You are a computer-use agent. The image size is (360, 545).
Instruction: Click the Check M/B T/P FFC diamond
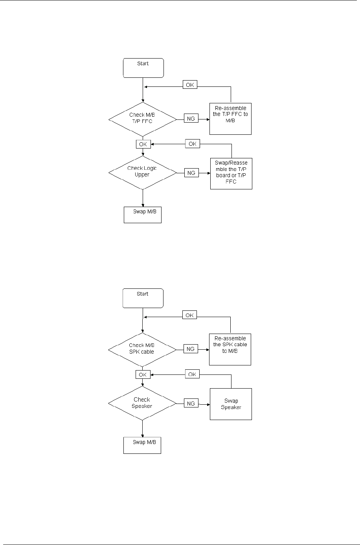point(142,118)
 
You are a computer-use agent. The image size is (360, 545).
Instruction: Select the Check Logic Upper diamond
point(142,172)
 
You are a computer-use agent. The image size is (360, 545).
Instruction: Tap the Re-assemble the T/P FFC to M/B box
point(231,119)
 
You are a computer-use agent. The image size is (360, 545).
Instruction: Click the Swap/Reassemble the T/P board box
point(231,174)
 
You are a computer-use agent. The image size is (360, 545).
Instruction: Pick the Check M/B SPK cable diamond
point(142,349)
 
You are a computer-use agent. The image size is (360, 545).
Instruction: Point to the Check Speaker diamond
point(142,403)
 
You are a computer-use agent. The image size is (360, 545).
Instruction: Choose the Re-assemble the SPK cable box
point(231,349)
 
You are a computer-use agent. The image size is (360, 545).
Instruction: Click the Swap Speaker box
point(231,404)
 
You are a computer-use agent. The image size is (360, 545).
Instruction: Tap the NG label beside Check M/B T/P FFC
point(191,119)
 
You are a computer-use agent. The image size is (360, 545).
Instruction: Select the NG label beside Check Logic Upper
point(191,172)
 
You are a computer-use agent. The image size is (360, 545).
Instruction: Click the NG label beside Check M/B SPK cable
point(191,349)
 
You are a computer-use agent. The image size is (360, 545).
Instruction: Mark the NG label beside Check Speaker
point(191,403)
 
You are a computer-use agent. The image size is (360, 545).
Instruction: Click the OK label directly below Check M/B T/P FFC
point(143,144)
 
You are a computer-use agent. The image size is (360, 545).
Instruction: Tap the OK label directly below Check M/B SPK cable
point(143,374)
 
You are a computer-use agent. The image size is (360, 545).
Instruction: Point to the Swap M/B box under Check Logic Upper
point(143,215)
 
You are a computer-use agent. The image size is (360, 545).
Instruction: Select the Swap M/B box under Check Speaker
point(142,445)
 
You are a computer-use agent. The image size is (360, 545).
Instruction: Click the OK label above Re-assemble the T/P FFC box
point(190,85)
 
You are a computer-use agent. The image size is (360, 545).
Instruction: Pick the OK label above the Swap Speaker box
point(192,374)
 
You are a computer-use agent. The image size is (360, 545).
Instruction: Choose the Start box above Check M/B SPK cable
point(143,298)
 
